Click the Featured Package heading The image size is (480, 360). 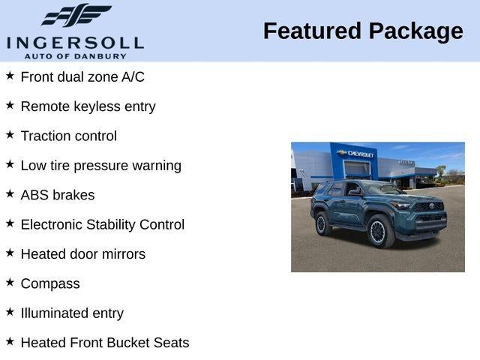[x=363, y=31]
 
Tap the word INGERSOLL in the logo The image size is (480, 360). [x=74, y=41]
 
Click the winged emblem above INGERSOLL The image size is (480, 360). [x=76, y=15]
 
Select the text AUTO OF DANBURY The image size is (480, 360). [x=74, y=56]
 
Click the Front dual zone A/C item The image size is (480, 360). [x=82, y=77]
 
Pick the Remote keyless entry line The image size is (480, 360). [x=88, y=106]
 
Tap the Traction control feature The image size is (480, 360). [x=68, y=136]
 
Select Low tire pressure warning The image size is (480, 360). [x=100, y=166]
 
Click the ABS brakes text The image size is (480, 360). [x=58, y=195]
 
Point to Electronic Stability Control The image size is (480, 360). [x=102, y=225]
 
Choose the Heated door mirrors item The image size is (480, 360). [x=82, y=254]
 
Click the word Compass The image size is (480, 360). [x=50, y=284]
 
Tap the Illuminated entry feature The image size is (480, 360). [x=72, y=313]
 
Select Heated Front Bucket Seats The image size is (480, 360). [x=105, y=343]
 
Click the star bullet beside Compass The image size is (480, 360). [x=10, y=282]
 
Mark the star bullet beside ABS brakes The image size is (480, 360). [x=10, y=193]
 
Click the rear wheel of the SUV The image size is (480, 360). [x=323, y=223]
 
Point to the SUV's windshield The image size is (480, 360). [x=383, y=190]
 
